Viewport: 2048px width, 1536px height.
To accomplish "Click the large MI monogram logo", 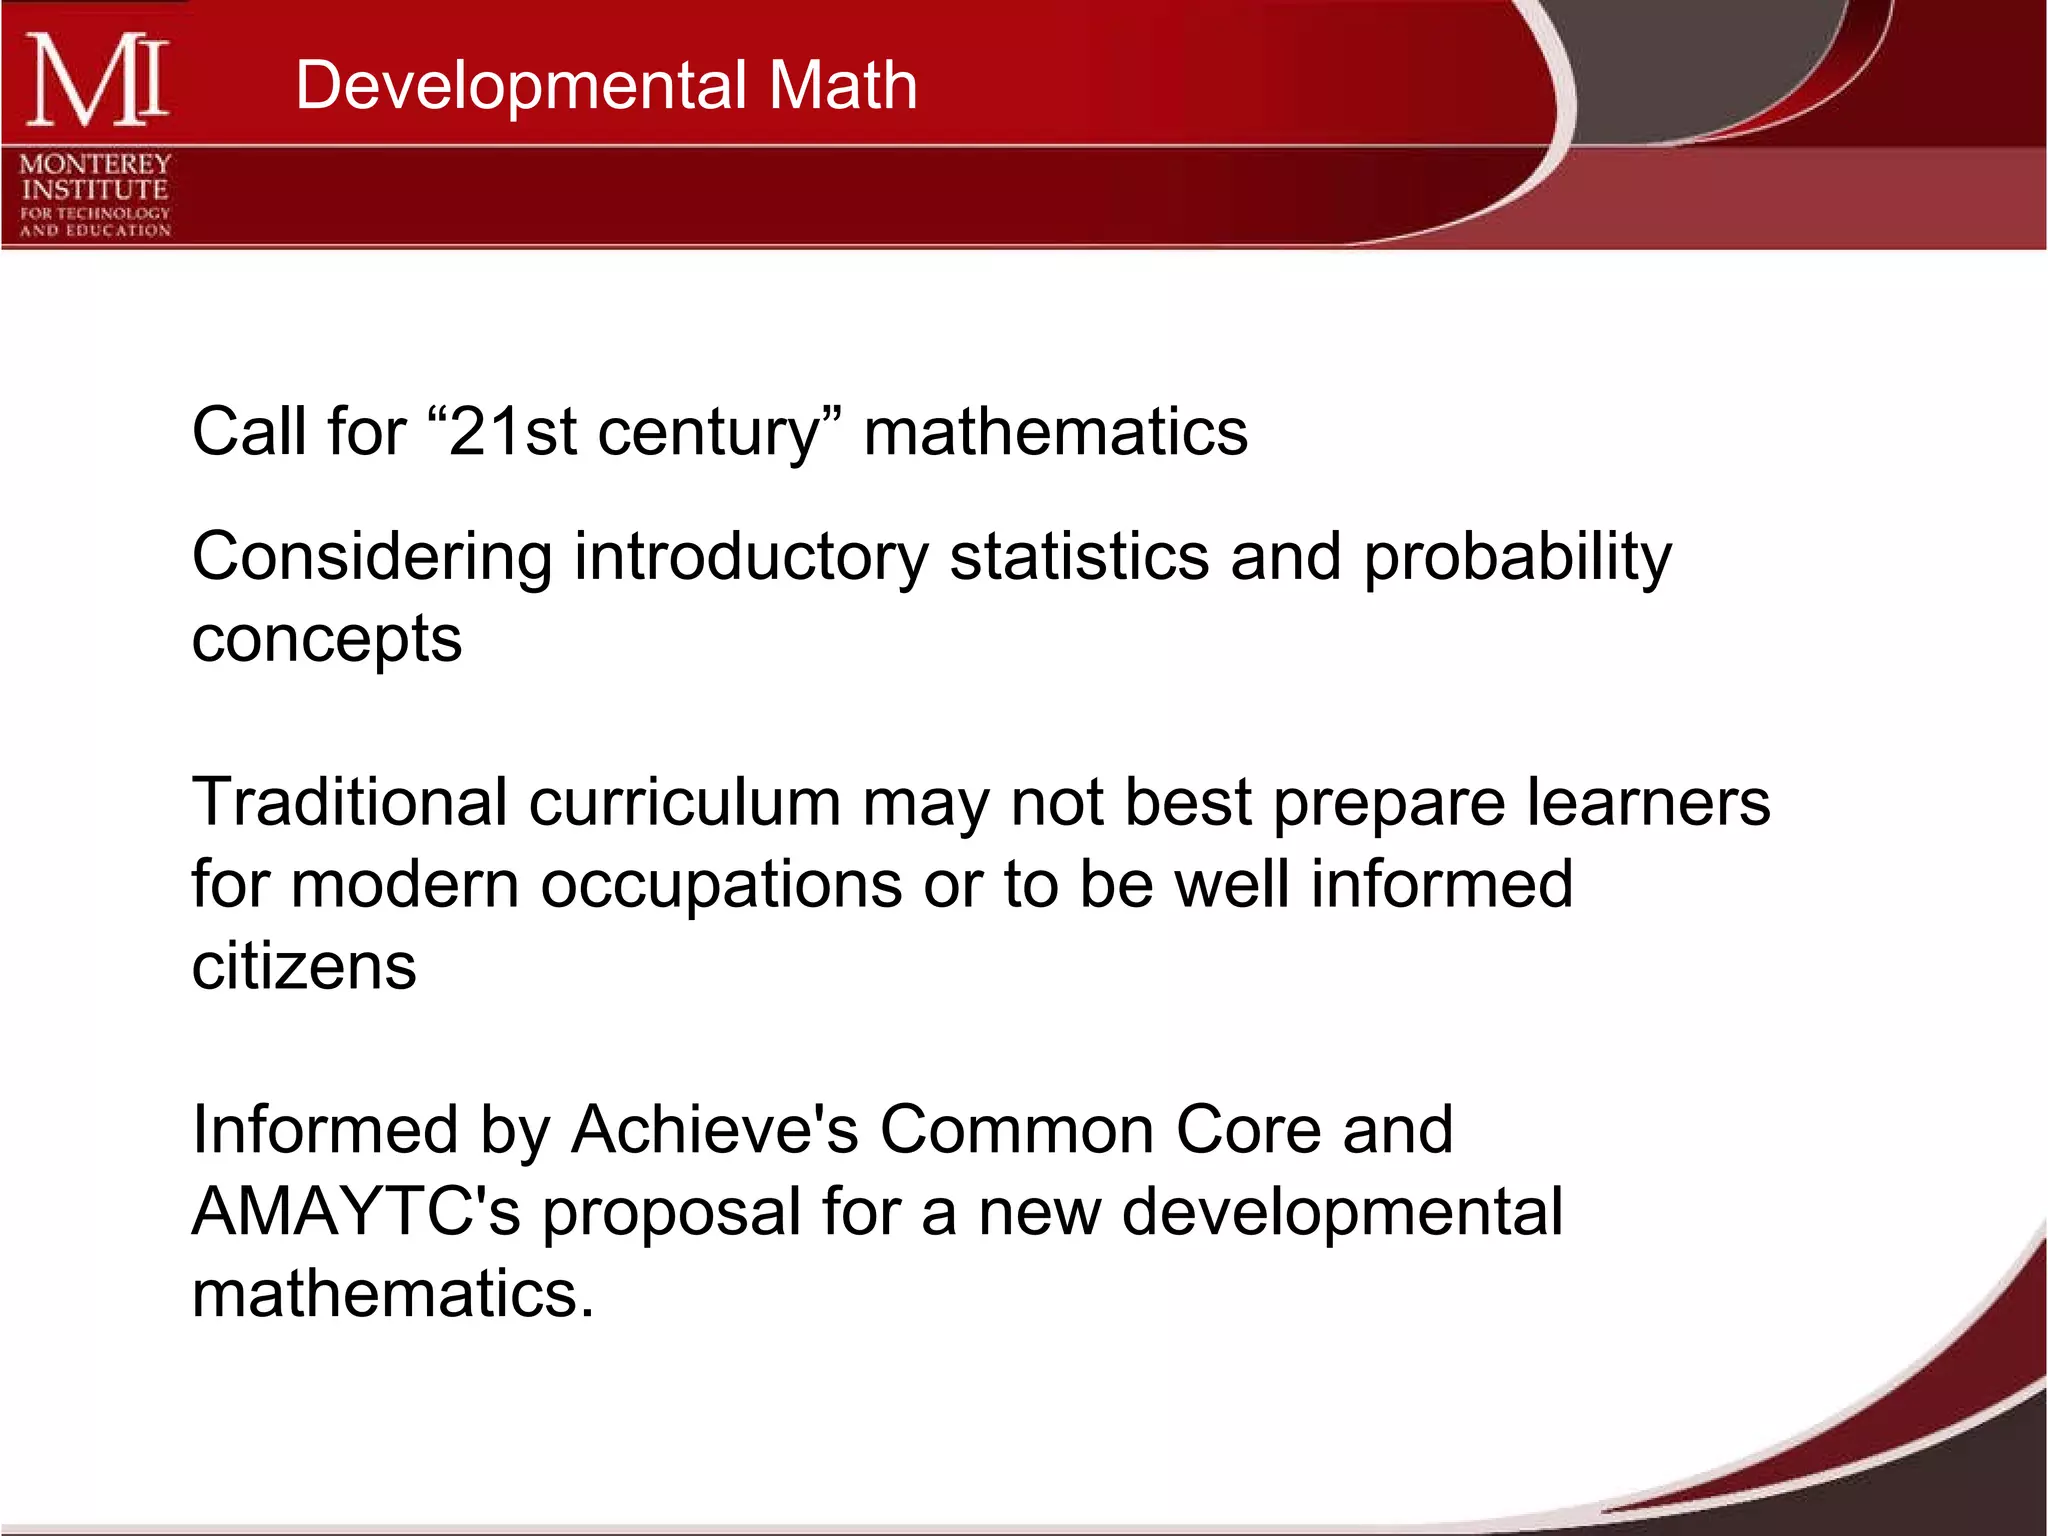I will click(96, 80).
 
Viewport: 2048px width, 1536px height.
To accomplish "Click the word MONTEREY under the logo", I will click(96, 163).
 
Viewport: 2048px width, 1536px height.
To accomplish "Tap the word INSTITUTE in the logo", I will click(96, 189).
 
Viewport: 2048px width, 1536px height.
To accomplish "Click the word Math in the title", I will click(842, 85).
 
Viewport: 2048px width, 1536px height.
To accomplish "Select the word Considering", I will click(372, 558).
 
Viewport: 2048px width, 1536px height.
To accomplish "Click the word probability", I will click(1517, 558).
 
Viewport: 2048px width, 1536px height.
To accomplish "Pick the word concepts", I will click(327, 640).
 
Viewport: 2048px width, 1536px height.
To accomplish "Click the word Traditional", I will click(350, 802).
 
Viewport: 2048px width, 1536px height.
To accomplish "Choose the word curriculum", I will click(685, 802).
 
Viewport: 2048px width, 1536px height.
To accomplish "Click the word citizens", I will click(304, 966).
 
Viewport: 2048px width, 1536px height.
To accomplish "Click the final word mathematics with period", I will click(393, 1294).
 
